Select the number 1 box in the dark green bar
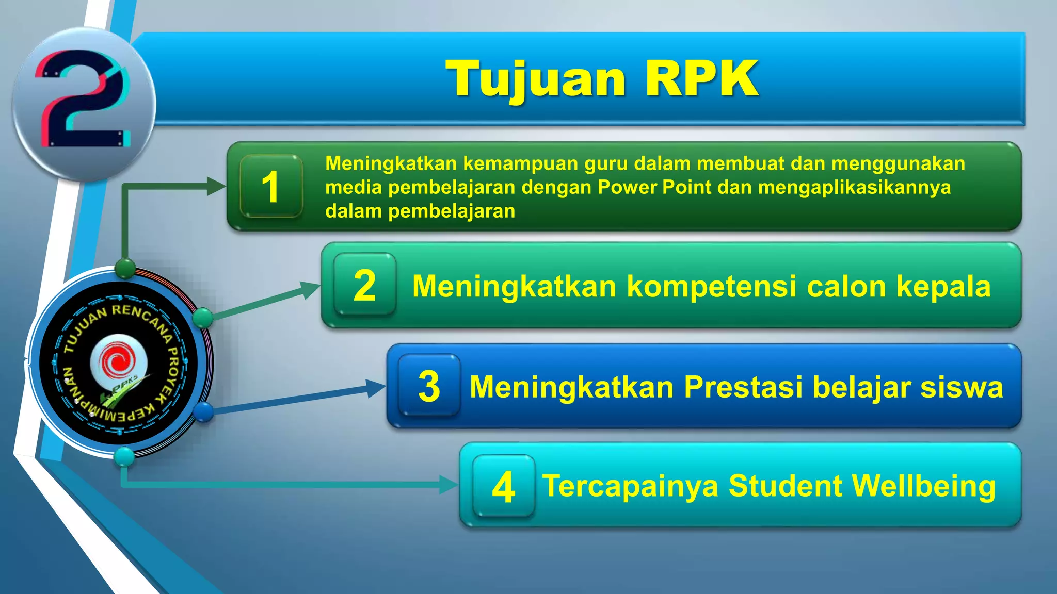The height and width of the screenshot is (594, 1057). click(x=271, y=186)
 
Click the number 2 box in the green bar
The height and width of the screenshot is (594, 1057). click(x=365, y=285)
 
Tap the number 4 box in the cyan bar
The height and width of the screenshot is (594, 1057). click(x=503, y=486)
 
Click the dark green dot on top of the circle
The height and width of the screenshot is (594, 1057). click(x=125, y=268)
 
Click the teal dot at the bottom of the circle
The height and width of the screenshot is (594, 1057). click(x=124, y=456)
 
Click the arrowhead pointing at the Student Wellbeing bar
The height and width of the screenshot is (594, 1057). click(x=448, y=485)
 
